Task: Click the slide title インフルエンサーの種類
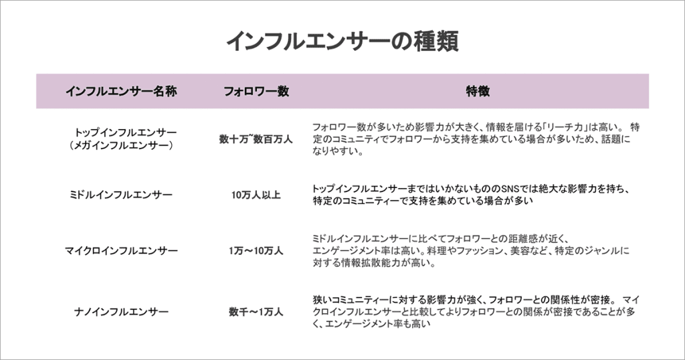[x=342, y=41]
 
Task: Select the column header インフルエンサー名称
[x=122, y=91]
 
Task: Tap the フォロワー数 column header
[x=256, y=91]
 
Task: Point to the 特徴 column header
[x=478, y=91]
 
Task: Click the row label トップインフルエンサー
[x=125, y=132]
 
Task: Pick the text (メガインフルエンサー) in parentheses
[x=122, y=145]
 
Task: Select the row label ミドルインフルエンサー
[x=122, y=195]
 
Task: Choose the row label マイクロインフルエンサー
[x=122, y=251]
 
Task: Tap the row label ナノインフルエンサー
[x=122, y=312]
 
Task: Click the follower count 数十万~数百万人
[x=256, y=139]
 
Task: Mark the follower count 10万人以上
[x=256, y=195]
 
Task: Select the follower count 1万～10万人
[x=256, y=251]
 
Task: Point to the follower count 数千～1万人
[x=256, y=312]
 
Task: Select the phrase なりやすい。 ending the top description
[x=338, y=152]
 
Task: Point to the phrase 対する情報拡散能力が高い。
[x=375, y=263]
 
